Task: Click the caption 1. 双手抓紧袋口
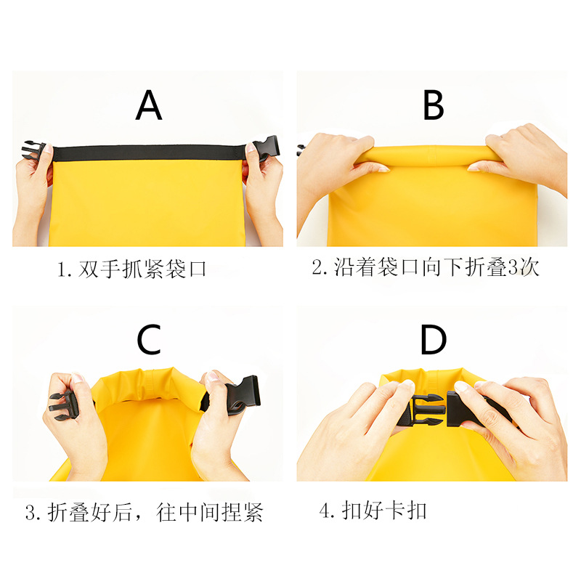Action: point(133,269)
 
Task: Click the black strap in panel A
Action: point(149,153)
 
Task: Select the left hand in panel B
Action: point(334,163)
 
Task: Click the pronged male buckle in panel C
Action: point(61,407)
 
